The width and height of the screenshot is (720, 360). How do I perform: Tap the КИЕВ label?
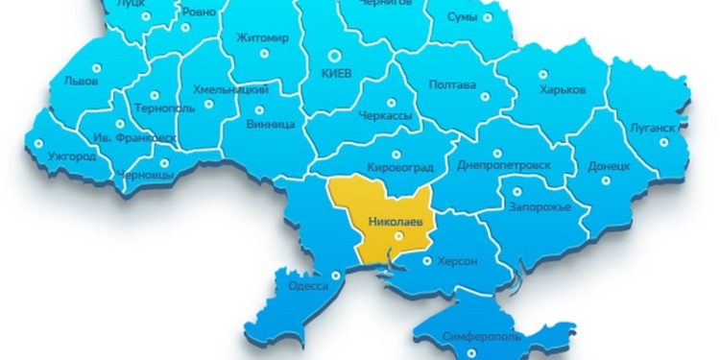click(336, 74)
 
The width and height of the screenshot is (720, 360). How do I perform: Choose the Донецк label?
click(608, 165)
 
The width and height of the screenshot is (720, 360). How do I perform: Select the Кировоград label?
click(400, 168)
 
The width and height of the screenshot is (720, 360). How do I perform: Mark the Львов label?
click(79, 82)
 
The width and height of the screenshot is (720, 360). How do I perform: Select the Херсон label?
click(458, 260)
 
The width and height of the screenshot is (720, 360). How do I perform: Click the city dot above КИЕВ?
click(335, 56)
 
